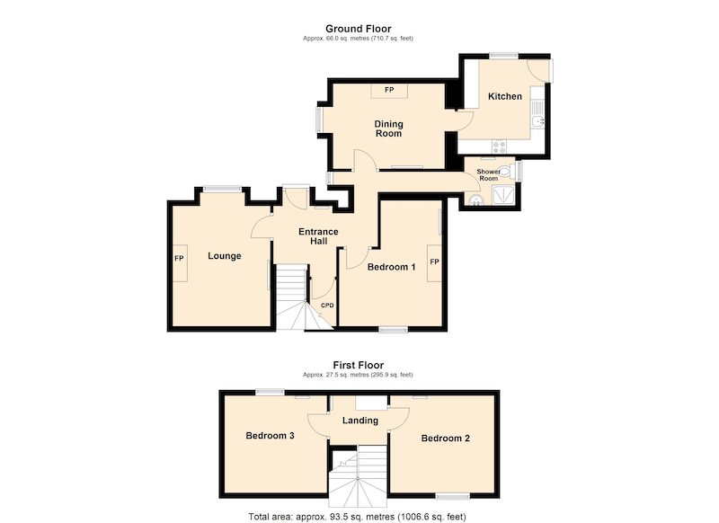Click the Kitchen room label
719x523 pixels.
click(505, 96)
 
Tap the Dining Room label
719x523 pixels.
click(389, 129)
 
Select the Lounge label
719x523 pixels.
click(224, 256)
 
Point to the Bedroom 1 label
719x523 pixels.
click(392, 267)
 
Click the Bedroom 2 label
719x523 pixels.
click(445, 439)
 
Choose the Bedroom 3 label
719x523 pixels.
click(271, 436)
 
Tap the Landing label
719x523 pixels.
click(360, 421)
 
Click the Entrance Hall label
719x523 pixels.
click(318, 236)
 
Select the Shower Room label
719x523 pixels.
click(488, 174)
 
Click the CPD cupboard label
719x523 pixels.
click(327, 306)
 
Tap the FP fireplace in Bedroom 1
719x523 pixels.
click(434, 263)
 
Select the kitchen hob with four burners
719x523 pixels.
click(500, 146)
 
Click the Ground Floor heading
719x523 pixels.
click(358, 29)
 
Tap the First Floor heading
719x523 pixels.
click(358, 366)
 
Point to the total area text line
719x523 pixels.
click(357, 517)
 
